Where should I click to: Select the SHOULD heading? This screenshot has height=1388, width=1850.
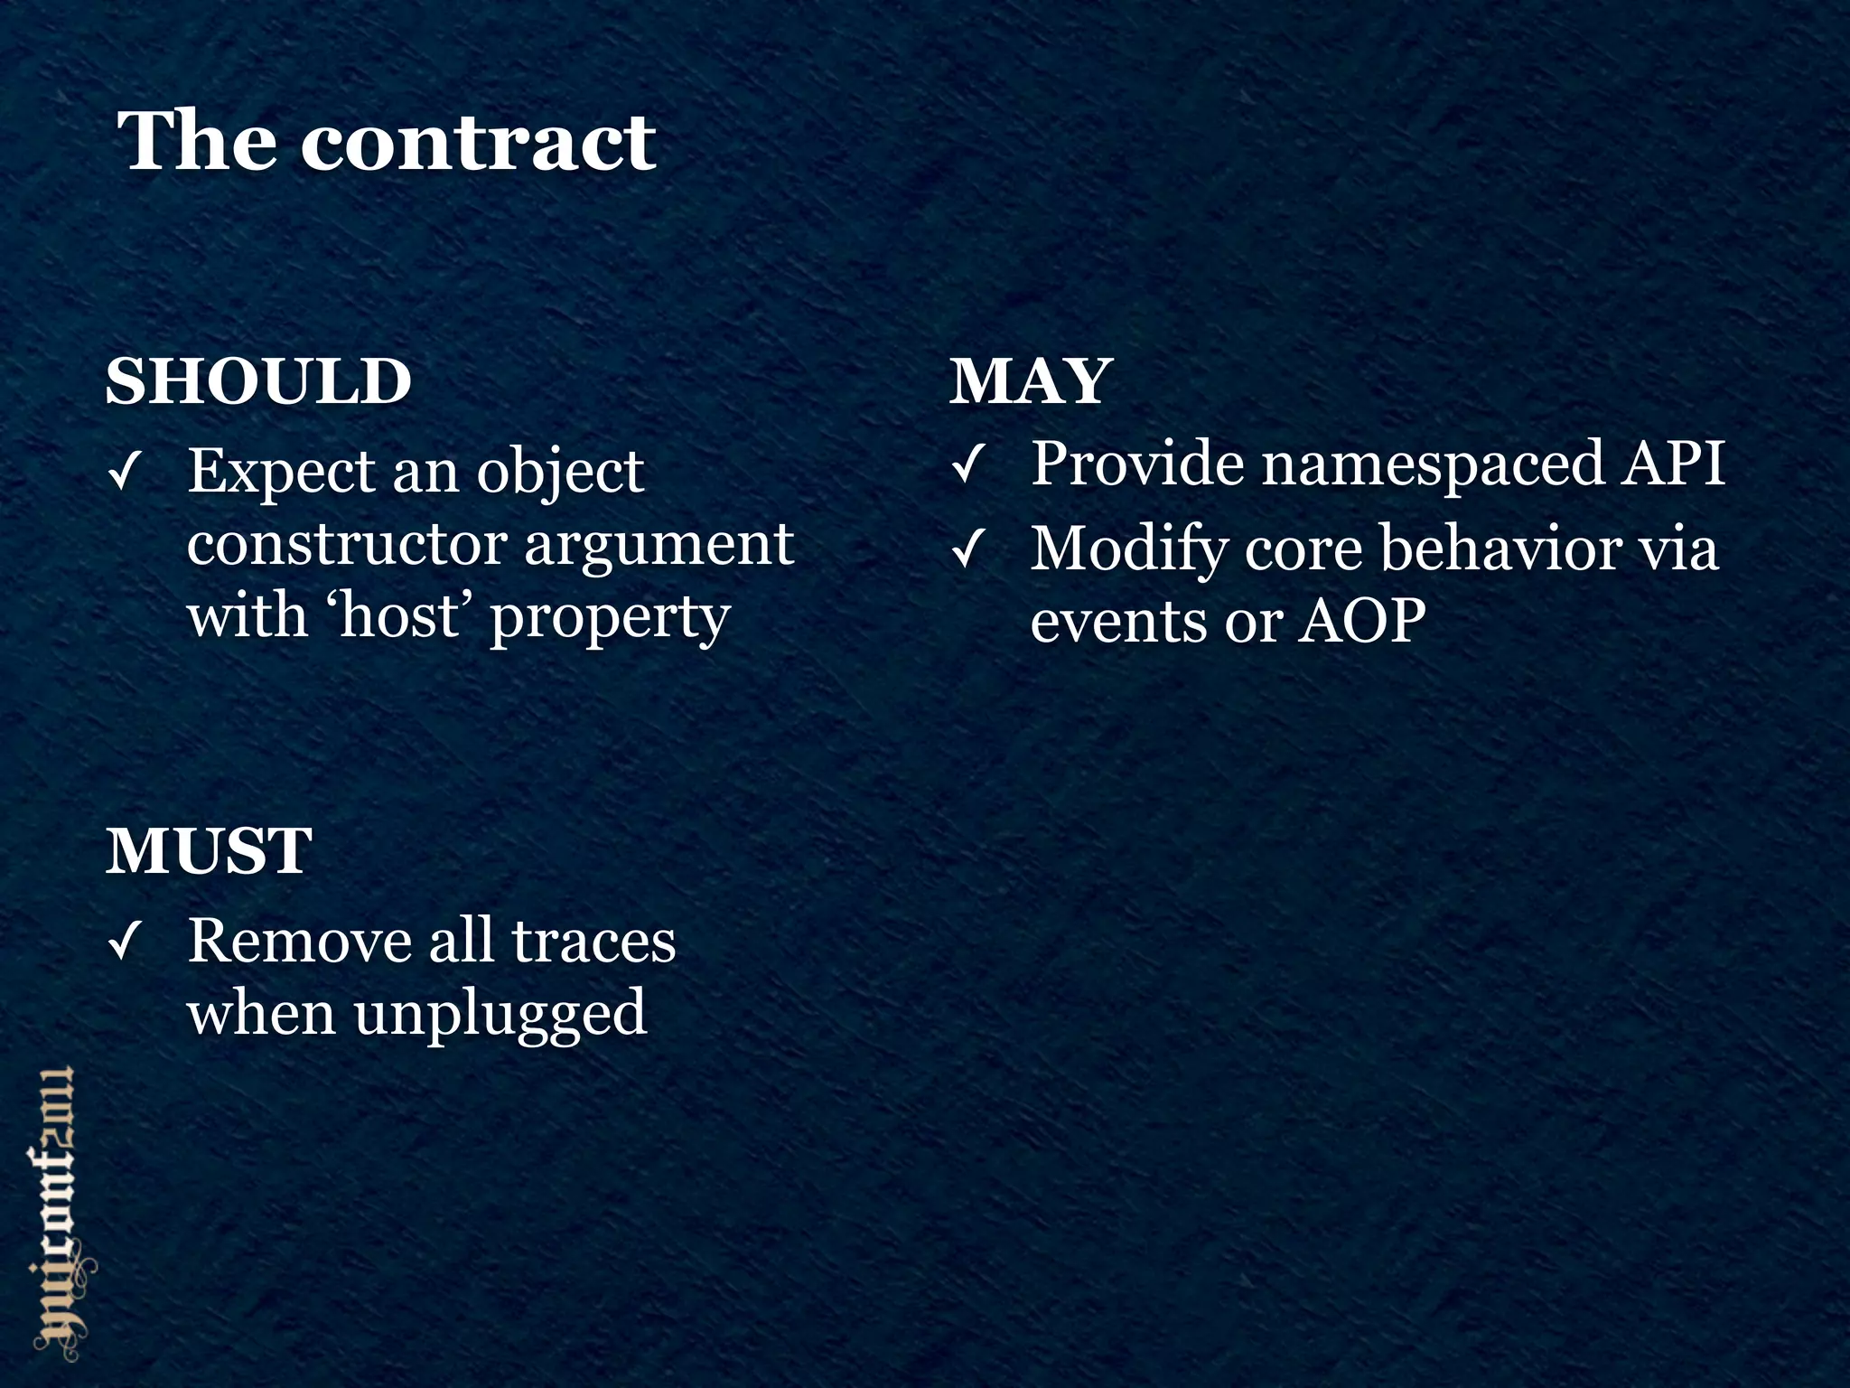258,381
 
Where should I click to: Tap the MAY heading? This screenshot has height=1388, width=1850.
1030,381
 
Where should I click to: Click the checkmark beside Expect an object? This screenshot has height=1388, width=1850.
123,473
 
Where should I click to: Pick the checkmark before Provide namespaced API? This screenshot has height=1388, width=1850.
967,466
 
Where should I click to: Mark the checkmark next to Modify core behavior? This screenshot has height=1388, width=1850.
967,550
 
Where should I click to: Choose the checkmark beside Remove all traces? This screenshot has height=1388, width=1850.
123,944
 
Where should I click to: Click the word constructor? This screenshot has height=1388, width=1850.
347,545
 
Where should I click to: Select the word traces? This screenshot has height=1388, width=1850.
593,942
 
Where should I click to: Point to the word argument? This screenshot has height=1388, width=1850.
659,545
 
